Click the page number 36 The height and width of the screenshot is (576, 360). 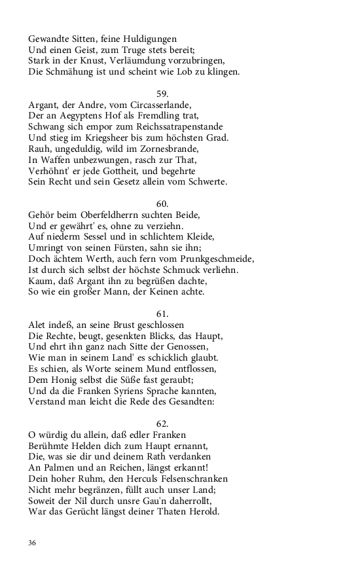(x=33, y=543)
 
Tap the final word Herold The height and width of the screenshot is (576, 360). (x=204, y=513)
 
